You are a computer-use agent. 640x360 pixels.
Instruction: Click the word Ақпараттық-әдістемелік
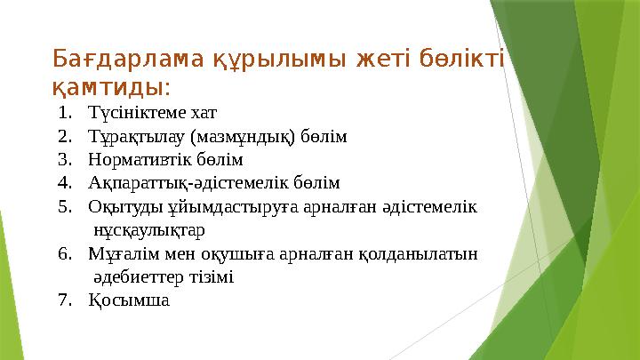coord(189,183)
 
